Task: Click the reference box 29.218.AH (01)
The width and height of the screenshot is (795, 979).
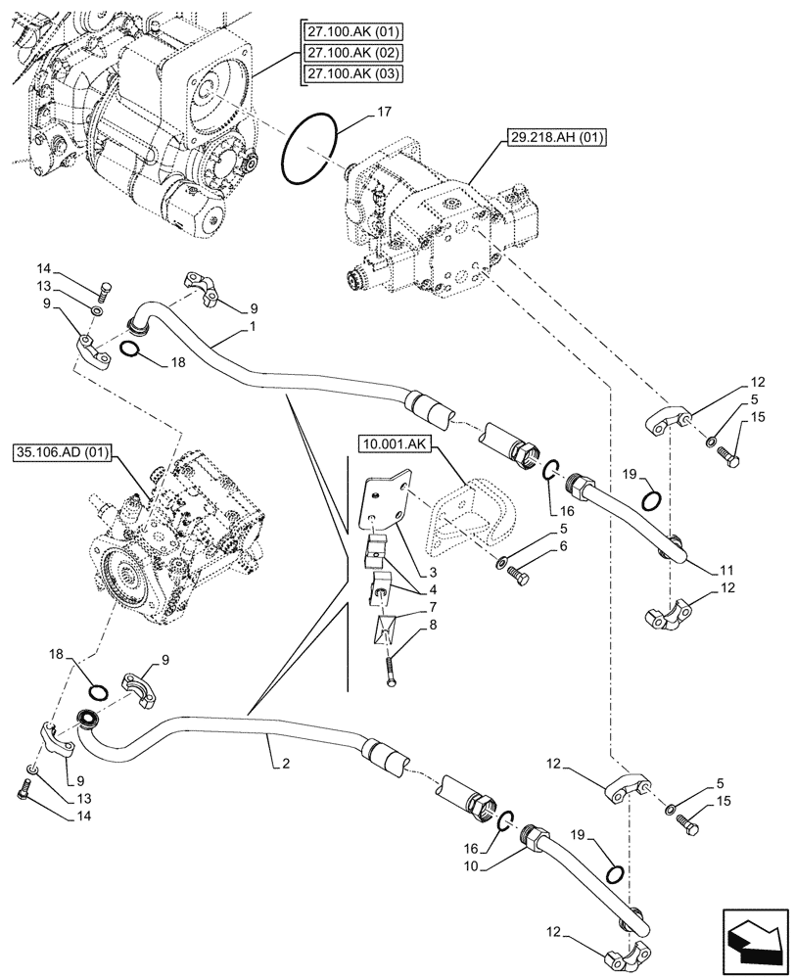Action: click(x=556, y=139)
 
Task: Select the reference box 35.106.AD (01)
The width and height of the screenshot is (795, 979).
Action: click(x=65, y=452)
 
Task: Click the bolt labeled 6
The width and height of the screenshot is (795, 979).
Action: click(x=516, y=579)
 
